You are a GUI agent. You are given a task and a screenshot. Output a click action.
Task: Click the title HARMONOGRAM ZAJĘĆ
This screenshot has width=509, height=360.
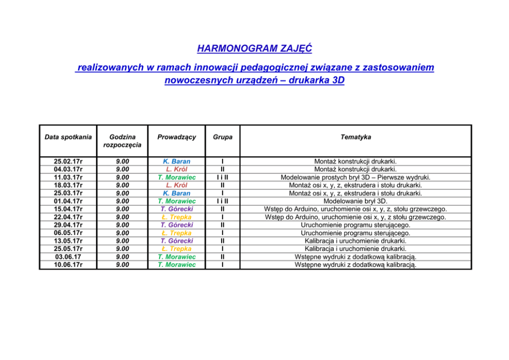(254, 49)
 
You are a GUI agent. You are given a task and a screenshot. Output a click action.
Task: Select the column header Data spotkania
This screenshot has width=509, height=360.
(68, 137)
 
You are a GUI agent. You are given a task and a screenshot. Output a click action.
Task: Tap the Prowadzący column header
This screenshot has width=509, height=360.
(177, 137)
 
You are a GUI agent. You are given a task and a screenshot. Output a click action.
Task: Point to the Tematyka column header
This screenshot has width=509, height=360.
(356, 137)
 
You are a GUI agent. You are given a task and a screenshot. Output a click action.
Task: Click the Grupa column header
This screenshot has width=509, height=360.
(222, 137)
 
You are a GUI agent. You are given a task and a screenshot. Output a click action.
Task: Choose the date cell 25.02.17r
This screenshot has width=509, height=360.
(68, 162)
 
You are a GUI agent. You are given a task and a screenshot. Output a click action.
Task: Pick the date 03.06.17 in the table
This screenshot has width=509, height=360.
(68, 257)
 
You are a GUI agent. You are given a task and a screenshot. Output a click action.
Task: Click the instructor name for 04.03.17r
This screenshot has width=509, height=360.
(177, 169)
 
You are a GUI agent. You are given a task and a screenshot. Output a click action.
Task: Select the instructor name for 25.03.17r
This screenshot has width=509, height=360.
(177, 193)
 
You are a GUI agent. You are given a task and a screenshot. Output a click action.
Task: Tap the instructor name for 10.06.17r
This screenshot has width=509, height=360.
(177, 265)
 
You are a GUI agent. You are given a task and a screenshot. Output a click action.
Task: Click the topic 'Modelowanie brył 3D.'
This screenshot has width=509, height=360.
(356, 202)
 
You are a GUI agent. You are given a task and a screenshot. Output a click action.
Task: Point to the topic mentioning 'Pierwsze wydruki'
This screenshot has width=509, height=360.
(356, 177)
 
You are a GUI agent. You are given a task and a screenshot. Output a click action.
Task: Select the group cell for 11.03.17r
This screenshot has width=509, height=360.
(222, 177)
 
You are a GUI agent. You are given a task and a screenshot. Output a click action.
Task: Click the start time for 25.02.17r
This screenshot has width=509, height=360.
(122, 162)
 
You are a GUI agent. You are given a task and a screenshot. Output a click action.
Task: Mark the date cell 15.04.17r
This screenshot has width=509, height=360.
(68, 209)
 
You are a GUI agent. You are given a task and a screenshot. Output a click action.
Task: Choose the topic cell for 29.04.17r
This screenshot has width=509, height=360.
(356, 225)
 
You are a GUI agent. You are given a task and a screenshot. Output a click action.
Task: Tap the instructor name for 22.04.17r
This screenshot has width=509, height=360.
(177, 217)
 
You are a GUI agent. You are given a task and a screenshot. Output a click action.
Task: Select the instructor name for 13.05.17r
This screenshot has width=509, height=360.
(177, 241)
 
